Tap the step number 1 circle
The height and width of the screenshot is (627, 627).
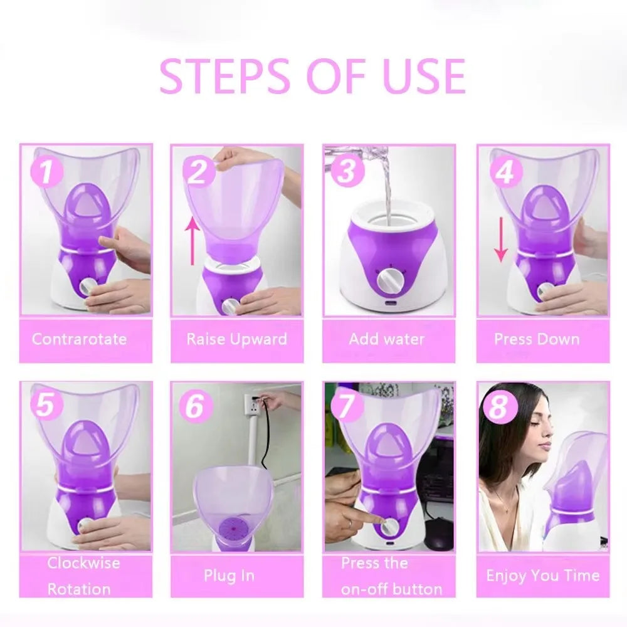coord(46,172)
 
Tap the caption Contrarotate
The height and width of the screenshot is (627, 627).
coord(79,339)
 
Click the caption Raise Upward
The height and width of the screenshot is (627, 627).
coord(236,339)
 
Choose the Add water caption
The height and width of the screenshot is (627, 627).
coord(387,339)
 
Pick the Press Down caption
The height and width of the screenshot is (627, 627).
coord(537,339)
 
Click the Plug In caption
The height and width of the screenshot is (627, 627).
coord(229,576)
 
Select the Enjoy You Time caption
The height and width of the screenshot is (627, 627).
coord(542,576)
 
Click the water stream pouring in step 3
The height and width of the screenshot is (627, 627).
coord(386,188)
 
